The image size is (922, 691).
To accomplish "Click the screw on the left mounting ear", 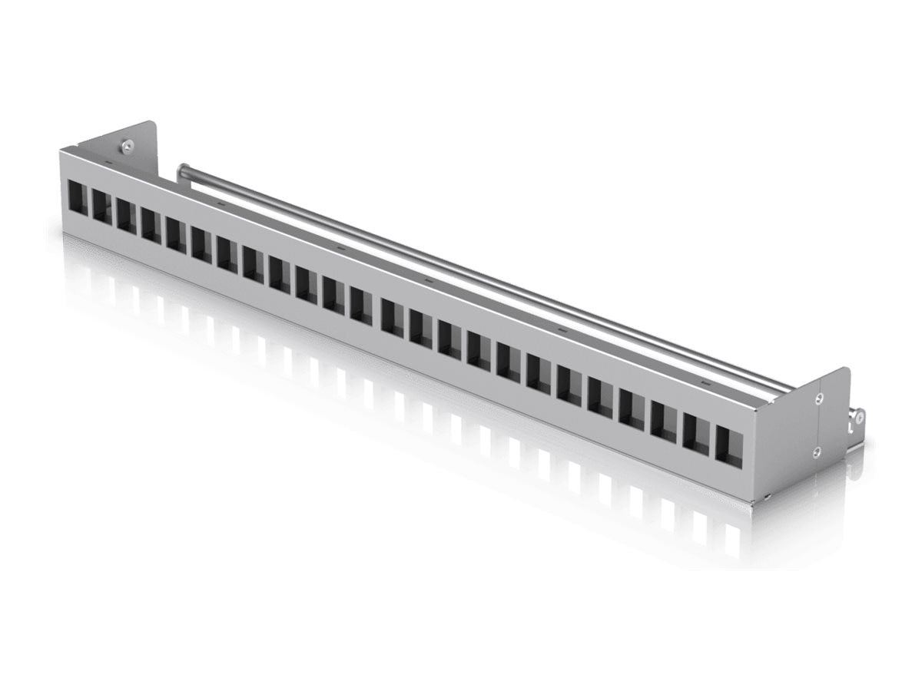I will [125, 144].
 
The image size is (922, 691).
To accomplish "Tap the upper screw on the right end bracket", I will [819, 398].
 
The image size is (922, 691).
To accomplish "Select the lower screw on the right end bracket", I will [817, 452].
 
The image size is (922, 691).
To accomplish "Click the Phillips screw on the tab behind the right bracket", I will [859, 417].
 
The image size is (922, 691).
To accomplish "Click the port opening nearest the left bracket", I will [78, 198].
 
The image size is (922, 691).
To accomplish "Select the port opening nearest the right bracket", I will [729, 445].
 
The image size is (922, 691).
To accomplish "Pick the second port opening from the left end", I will [101, 207].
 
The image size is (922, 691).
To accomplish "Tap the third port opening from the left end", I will [126, 216].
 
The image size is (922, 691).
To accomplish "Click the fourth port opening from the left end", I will [151, 224].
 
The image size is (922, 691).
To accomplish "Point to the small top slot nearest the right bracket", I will [706, 382].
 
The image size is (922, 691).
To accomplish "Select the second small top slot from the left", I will [221, 204].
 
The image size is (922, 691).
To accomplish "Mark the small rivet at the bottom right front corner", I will [768, 497].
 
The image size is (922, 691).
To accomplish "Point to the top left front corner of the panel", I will [61, 152].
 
